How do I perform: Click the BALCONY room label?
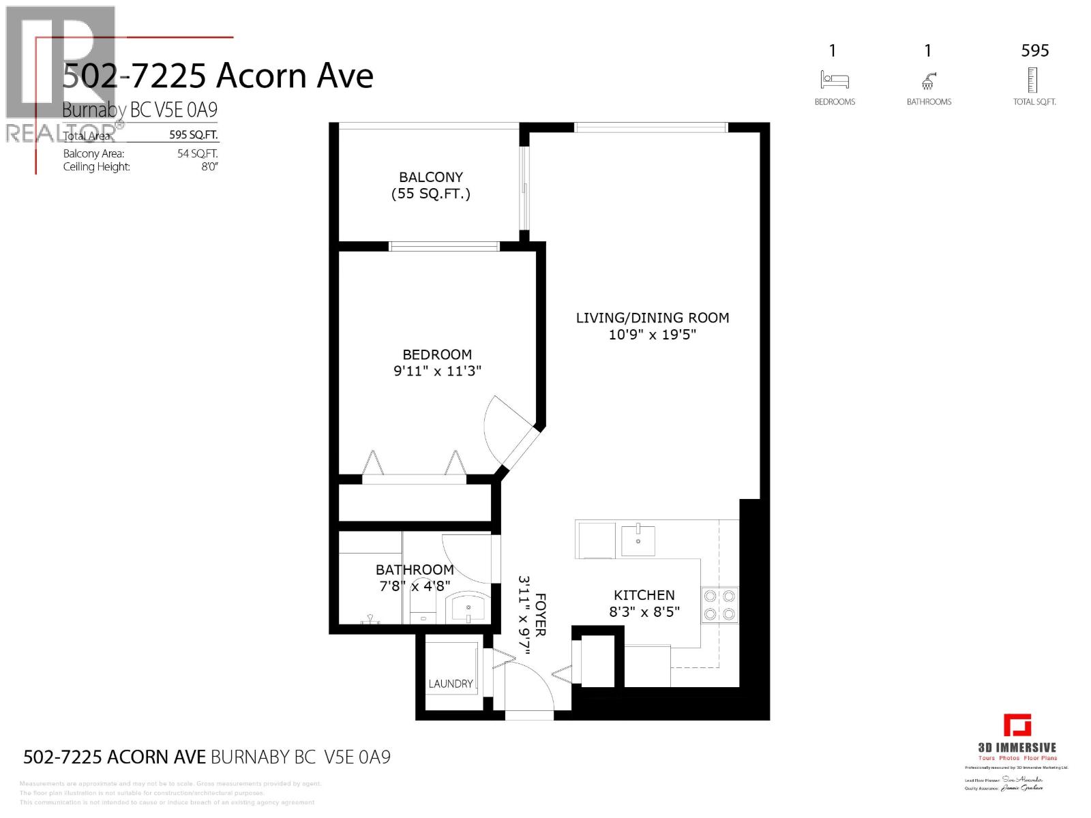[431, 177]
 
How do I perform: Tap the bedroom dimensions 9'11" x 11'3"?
[437, 372]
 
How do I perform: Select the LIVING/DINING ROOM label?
[652, 318]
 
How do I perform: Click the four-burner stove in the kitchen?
[719, 605]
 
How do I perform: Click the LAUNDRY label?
[450, 684]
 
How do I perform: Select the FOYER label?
[540, 615]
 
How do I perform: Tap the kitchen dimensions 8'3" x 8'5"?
[644, 612]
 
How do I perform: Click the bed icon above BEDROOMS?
[834, 80]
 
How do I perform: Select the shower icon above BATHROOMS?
[929, 81]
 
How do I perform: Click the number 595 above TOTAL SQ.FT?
[1034, 50]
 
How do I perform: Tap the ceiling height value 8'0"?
[209, 167]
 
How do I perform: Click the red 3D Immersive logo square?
[1017, 725]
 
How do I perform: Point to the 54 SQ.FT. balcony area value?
[197, 154]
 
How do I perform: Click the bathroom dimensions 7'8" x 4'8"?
[415, 586]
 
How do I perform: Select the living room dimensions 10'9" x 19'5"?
[652, 335]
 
